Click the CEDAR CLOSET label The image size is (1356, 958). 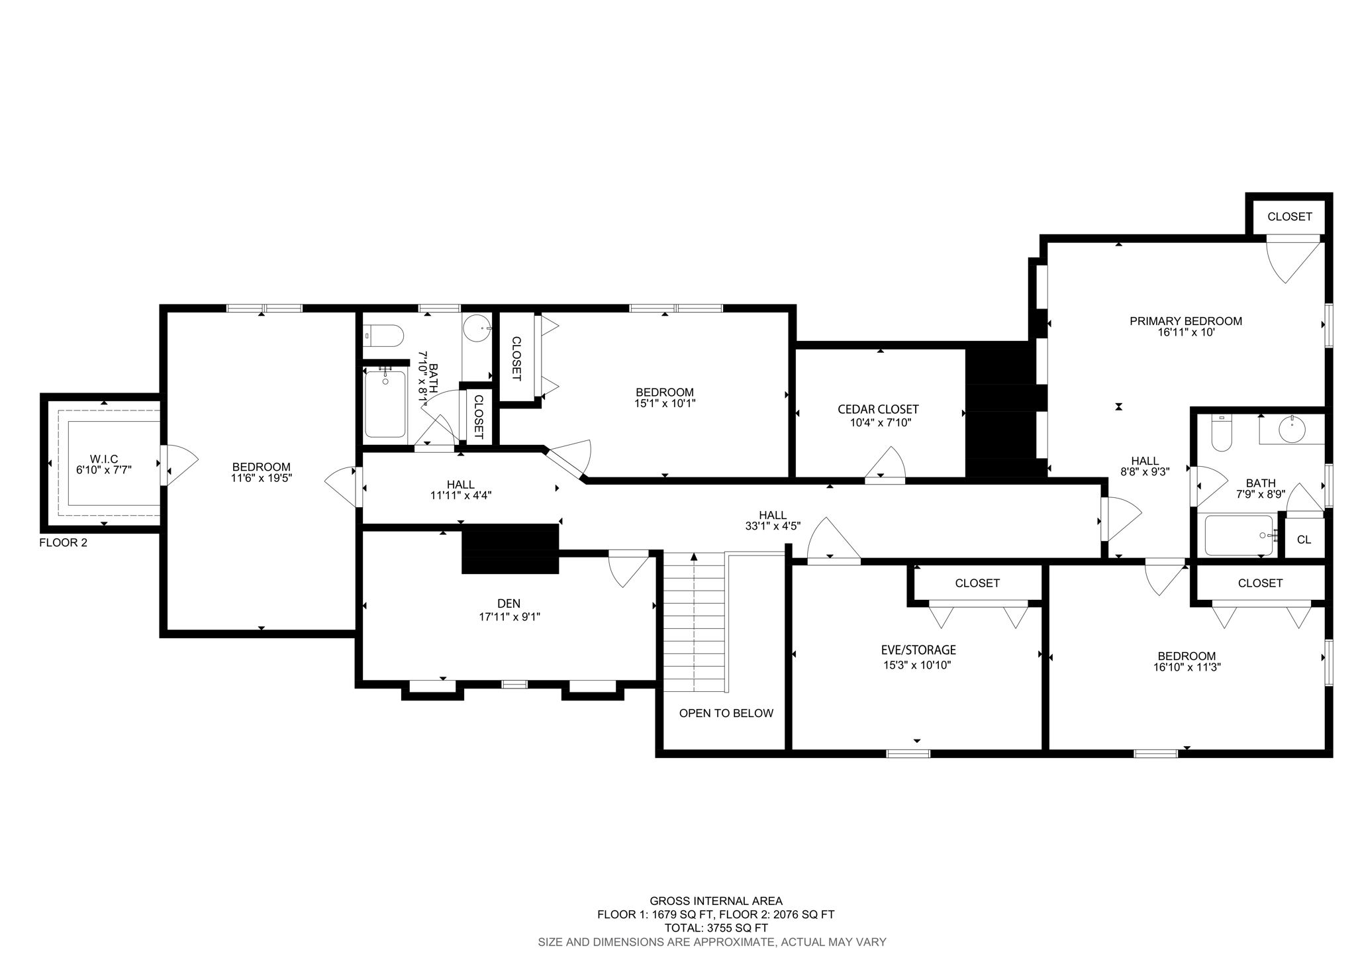coord(878,410)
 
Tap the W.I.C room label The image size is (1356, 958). coord(104,459)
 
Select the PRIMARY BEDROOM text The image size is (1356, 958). coord(1185,321)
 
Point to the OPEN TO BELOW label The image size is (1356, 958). coord(726,713)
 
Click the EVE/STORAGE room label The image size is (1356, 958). coord(918,650)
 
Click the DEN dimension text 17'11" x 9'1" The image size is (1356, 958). coord(508,616)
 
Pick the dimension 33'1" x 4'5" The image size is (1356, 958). coord(773,526)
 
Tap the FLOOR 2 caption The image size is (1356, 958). coord(63,543)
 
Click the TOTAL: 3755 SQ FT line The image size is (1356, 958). coord(716,928)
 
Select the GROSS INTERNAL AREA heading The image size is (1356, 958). coord(716,900)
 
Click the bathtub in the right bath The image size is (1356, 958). coord(1237,535)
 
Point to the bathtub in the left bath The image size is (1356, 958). coord(385,404)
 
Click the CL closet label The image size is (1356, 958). coord(1304,540)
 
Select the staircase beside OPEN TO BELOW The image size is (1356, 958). coord(694,622)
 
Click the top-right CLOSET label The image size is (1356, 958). coord(1289,216)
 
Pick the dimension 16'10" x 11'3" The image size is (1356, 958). coord(1186,667)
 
